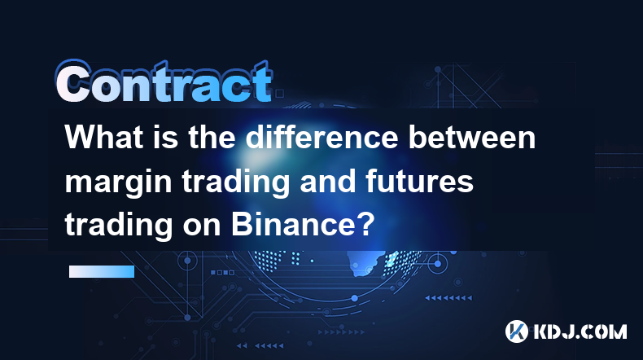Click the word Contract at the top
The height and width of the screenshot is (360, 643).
(164, 82)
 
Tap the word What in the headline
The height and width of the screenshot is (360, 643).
(104, 137)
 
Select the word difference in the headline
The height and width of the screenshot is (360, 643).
(322, 137)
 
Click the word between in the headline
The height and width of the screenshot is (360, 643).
(472, 137)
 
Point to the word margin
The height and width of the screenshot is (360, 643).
(118, 183)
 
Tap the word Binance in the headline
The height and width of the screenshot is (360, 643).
(291, 225)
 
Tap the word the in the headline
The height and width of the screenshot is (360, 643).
(212, 137)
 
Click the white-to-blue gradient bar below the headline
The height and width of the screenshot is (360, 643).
(102, 271)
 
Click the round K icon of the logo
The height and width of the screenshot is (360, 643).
(517, 331)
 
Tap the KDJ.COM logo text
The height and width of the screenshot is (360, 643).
(580, 331)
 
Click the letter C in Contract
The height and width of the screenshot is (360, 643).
(73, 82)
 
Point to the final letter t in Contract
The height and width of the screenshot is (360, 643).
(261, 82)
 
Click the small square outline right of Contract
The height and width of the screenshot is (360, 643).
(280, 94)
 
